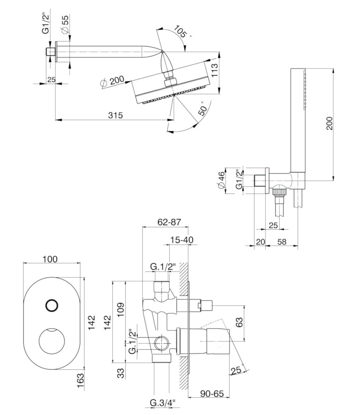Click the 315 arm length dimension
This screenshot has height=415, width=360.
[115, 115]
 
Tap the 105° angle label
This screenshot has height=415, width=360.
[181, 31]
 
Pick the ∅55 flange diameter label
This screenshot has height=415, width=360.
[65, 25]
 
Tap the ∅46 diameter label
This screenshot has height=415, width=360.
[222, 180]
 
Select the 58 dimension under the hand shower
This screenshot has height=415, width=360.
[282, 242]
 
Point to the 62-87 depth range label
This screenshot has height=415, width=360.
[169, 222]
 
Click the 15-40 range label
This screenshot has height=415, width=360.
[182, 240]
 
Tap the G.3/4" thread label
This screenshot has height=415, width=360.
[163, 403]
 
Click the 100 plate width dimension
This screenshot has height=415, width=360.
[50, 259]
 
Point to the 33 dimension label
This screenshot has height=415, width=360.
[120, 373]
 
